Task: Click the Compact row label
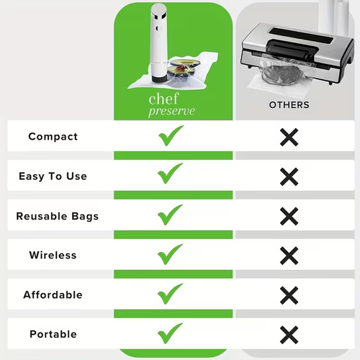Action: [x=53, y=137]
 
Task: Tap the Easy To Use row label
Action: [x=53, y=176]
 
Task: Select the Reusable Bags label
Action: [x=57, y=216]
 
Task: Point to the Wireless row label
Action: [x=53, y=256]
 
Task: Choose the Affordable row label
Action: [x=53, y=295]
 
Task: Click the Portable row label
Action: [x=53, y=335]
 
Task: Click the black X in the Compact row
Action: [x=289, y=137]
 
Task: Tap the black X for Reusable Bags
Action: [x=289, y=216]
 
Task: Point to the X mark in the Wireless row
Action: [x=289, y=256]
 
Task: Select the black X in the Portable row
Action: [x=289, y=335]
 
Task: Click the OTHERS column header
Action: [x=289, y=105]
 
